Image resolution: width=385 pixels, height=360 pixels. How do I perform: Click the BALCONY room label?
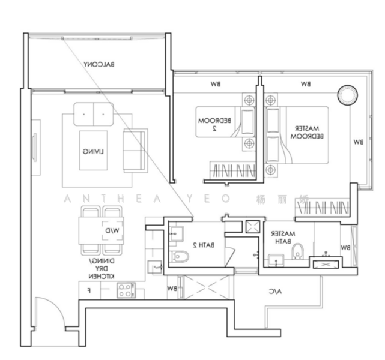[99, 64]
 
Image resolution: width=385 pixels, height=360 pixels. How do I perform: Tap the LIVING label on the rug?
[92, 152]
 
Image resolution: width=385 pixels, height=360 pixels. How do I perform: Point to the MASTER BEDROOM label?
[307, 133]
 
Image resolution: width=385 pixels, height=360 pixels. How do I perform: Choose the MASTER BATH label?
[283, 238]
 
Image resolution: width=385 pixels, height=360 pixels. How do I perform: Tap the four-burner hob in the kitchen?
[126, 291]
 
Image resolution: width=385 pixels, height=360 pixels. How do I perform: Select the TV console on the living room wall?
[34, 145]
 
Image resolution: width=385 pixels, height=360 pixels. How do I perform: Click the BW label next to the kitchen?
[172, 289]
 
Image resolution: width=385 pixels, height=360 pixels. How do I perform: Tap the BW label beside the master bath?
[345, 247]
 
